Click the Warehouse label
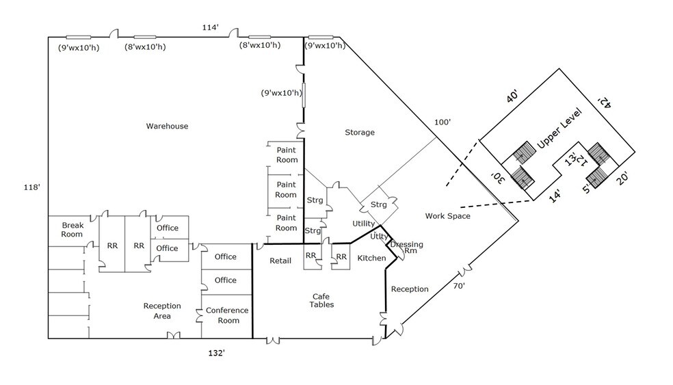(167, 126)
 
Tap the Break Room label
(72, 229)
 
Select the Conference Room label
(226, 315)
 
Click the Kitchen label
(371, 258)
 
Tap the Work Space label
(447, 216)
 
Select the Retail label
(280, 261)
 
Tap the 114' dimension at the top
(210, 27)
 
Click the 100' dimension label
(443, 122)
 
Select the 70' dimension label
(460, 286)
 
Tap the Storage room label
(360, 132)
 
